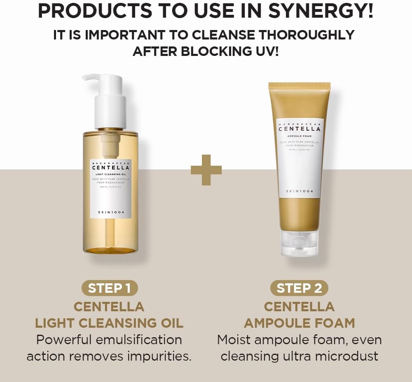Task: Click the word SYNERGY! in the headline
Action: [x=321, y=12]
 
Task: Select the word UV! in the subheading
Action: [x=265, y=51]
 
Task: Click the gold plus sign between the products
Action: [x=206, y=170]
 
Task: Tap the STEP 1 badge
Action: [x=109, y=288]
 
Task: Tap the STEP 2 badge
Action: [x=299, y=288]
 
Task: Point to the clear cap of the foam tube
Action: [x=300, y=243]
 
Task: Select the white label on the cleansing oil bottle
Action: [x=110, y=189]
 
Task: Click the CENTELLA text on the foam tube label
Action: [x=300, y=129]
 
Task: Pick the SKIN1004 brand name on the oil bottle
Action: [x=110, y=212]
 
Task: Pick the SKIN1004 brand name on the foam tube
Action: [x=300, y=192]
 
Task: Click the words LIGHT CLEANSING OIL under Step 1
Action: [x=109, y=323]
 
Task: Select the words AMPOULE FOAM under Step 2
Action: [x=300, y=323]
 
